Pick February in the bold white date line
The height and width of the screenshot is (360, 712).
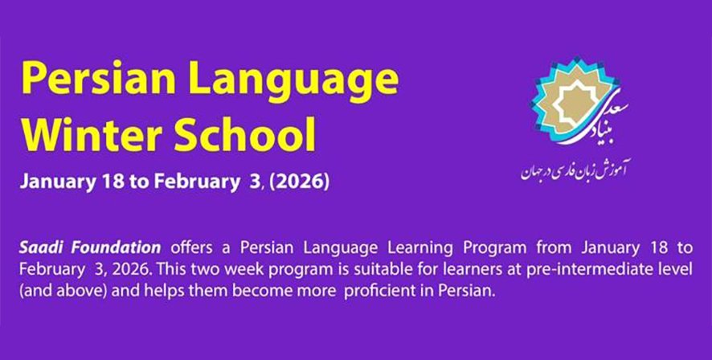196,182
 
